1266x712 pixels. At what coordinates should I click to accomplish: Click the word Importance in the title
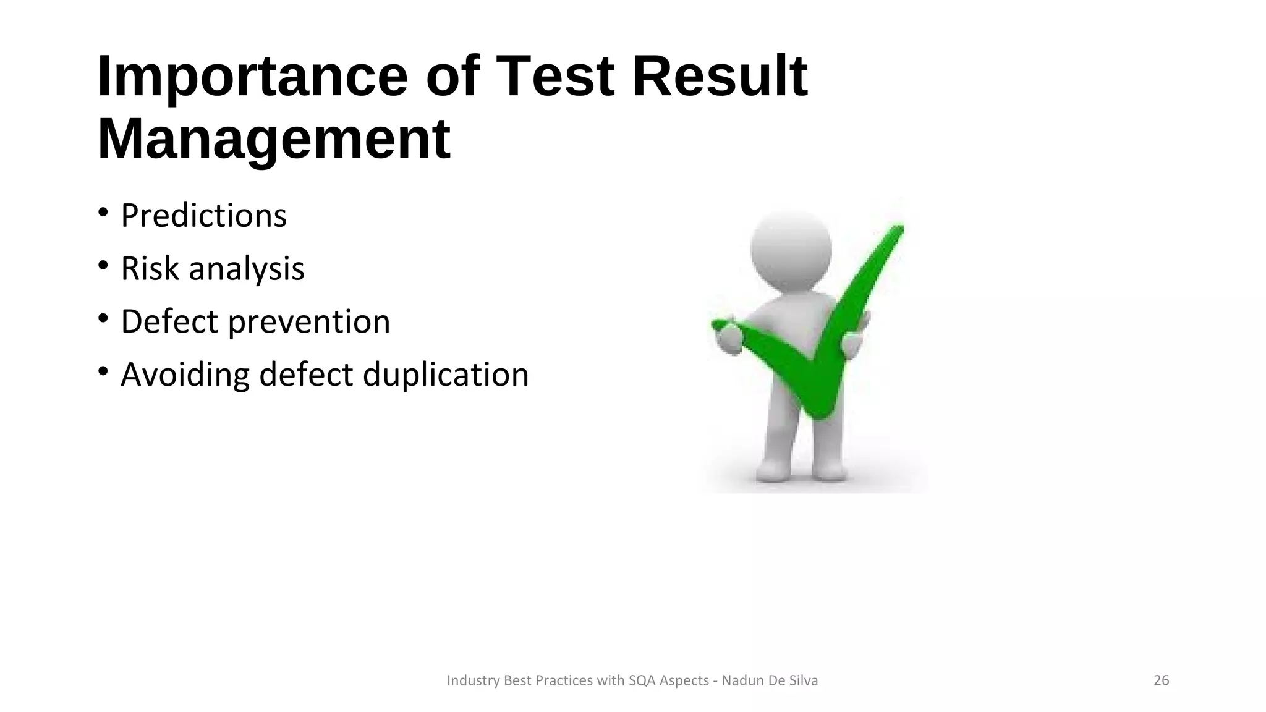click(252, 77)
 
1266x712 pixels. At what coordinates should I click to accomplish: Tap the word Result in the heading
click(720, 77)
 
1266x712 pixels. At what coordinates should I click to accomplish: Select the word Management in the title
click(274, 140)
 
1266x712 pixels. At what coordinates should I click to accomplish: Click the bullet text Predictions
click(203, 216)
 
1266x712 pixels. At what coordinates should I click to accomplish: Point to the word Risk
click(150, 269)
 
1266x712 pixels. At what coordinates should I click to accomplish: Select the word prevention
click(309, 322)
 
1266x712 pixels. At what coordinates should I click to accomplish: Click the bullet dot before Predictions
click(103, 213)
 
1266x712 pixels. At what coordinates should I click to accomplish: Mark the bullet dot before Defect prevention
click(103, 319)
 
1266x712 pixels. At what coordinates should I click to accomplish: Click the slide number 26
click(1161, 680)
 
